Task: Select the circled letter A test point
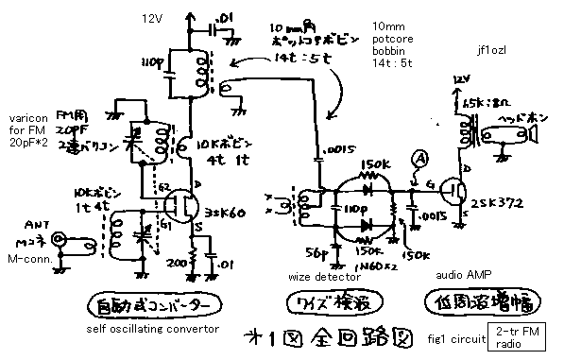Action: tap(418, 159)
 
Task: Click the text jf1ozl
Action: tap(494, 50)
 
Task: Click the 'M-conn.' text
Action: tap(26, 257)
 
